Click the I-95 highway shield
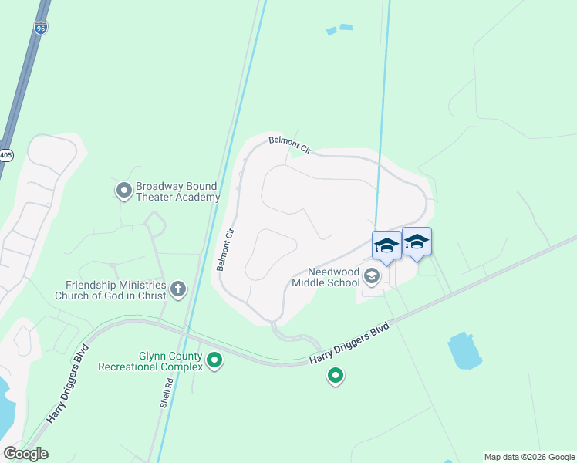pos(40,28)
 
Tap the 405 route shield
pos(6,154)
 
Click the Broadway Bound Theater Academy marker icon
pos(123,190)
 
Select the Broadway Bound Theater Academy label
pos(177,191)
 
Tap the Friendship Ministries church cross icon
pos(178,289)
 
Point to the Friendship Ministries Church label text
pos(112,289)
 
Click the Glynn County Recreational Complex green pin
pos(214,360)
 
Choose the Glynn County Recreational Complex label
pos(150,361)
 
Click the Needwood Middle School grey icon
pos(372,275)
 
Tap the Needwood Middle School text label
pos(325,277)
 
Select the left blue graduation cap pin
pos(386,246)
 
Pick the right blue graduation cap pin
pos(417,242)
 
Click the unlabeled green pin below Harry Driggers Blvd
pos(336,376)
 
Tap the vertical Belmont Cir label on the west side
pos(224,248)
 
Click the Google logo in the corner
pos(25,454)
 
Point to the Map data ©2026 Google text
pos(528,457)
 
